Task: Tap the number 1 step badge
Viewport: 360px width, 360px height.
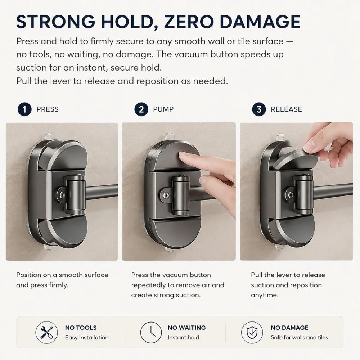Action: coord(24,109)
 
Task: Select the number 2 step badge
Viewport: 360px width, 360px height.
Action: coord(141,109)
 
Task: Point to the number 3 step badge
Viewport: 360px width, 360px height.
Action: coord(259,109)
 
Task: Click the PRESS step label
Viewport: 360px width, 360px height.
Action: coord(48,109)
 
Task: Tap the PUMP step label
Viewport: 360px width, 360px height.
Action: coord(163,109)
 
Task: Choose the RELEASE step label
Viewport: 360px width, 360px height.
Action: coord(286,109)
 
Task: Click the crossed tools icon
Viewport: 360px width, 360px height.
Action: coord(46,332)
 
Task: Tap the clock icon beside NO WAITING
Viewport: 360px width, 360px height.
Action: coord(151,332)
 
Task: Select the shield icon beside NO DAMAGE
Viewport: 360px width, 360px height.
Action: coord(252,332)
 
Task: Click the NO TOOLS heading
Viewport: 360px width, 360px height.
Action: coord(81,328)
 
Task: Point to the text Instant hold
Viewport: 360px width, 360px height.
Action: coord(184,338)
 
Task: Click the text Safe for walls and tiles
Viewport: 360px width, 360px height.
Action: coord(299,338)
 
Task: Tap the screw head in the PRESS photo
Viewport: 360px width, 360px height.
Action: coord(62,195)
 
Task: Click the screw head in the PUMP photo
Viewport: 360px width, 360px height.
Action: coord(166,195)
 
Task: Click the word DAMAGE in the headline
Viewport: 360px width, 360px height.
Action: coord(260,22)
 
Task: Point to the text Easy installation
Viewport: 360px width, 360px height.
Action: coord(87,338)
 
